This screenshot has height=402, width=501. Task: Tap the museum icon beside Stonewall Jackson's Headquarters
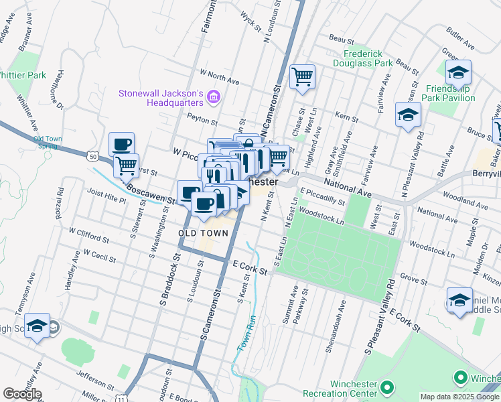click(x=214, y=98)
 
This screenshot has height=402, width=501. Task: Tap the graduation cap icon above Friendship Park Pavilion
click(x=458, y=72)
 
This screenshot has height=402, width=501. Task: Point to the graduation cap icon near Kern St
click(x=408, y=115)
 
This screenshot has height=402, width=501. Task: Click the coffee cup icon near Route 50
click(x=122, y=143)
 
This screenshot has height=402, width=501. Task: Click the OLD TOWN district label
click(x=204, y=233)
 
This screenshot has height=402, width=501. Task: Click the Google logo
click(x=22, y=394)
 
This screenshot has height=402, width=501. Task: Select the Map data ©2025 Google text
click(x=459, y=397)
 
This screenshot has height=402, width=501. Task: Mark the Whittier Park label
click(x=22, y=75)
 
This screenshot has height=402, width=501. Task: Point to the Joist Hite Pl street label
click(x=106, y=196)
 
